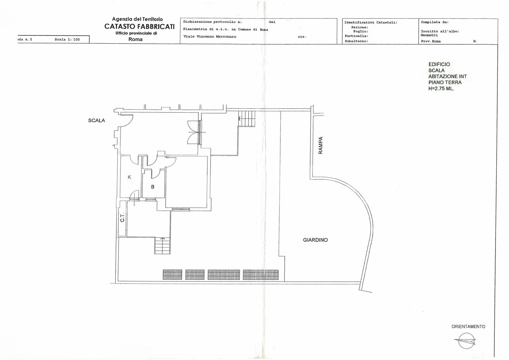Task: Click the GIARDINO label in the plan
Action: [x=316, y=240]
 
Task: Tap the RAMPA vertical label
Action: [x=320, y=145]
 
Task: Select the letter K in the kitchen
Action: [x=129, y=177]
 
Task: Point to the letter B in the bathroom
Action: [x=153, y=187]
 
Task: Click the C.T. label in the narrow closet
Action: [x=122, y=217]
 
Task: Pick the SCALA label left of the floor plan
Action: [x=97, y=120]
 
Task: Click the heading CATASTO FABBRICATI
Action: [x=140, y=27]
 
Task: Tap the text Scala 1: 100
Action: [x=67, y=40]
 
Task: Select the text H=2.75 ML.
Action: [x=441, y=89]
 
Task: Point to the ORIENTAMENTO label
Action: [x=468, y=327]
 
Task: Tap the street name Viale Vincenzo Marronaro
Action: [x=210, y=37]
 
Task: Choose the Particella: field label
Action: [x=356, y=36]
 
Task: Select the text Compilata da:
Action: [x=435, y=22]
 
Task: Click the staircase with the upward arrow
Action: [x=163, y=245]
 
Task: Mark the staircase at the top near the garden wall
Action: [x=247, y=119]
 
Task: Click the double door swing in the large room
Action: [x=193, y=132]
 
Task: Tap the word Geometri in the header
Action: [x=429, y=35]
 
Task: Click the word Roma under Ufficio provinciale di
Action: [x=135, y=39]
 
